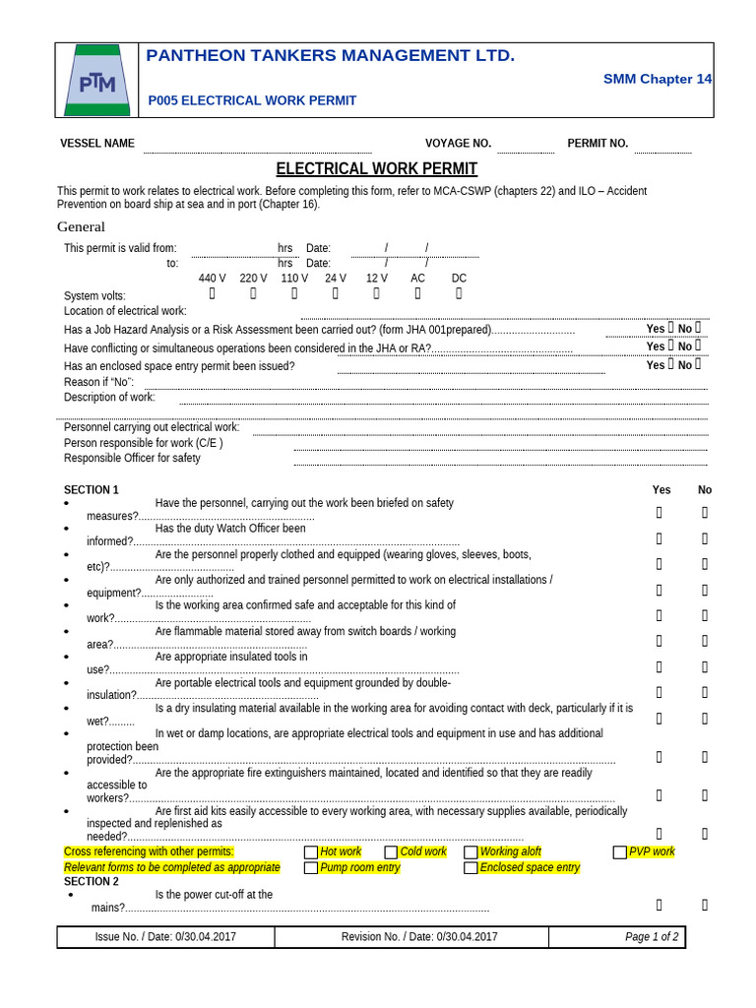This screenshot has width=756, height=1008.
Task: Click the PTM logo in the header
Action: [96, 81]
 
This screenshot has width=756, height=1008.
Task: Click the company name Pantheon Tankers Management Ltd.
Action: [330, 56]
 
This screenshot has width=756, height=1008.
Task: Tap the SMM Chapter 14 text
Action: [658, 79]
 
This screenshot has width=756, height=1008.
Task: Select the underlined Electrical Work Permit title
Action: [376, 169]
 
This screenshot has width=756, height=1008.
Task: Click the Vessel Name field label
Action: [97, 144]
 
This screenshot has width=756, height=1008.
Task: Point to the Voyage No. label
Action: [458, 144]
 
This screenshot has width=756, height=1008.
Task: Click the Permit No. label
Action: [598, 144]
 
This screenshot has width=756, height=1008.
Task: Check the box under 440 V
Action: [212, 293]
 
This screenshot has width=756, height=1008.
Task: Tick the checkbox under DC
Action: [459, 293]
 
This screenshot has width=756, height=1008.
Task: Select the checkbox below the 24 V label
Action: [335, 293]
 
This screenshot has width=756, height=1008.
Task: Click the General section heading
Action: [81, 227]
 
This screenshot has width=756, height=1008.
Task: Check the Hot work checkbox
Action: [311, 852]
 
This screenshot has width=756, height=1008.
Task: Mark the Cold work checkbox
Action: [391, 852]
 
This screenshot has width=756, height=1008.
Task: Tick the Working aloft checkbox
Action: [471, 852]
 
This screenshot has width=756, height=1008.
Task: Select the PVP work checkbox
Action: [620, 852]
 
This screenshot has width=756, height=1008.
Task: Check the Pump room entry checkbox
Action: [311, 868]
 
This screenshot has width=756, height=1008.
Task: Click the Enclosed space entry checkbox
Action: [471, 868]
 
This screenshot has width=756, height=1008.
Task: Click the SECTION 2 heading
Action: [92, 882]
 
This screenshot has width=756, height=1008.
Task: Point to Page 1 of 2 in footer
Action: [652, 937]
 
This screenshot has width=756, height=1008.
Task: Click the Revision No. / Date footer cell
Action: [419, 937]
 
